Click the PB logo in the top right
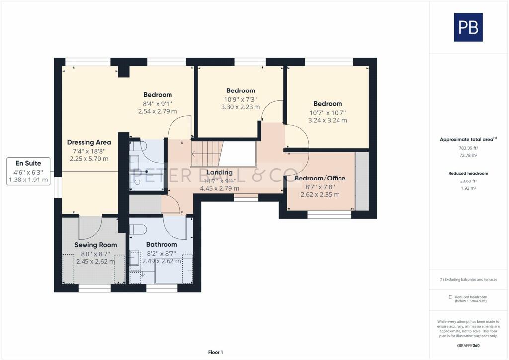(468, 27)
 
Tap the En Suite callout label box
(29, 172)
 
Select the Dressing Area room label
(89, 142)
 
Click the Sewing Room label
(95, 245)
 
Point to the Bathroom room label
(162, 245)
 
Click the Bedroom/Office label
(320, 178)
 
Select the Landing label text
(220, 172)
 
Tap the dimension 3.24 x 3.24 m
(328, 120)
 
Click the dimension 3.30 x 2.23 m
(241, 107)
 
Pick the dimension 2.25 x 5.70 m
(89, 159)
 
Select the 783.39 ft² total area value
(468, 148)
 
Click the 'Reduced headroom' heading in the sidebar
(468, 173)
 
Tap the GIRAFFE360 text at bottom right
(468, 345)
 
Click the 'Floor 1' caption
(215, 352)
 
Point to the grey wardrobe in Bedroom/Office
(362, 181)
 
